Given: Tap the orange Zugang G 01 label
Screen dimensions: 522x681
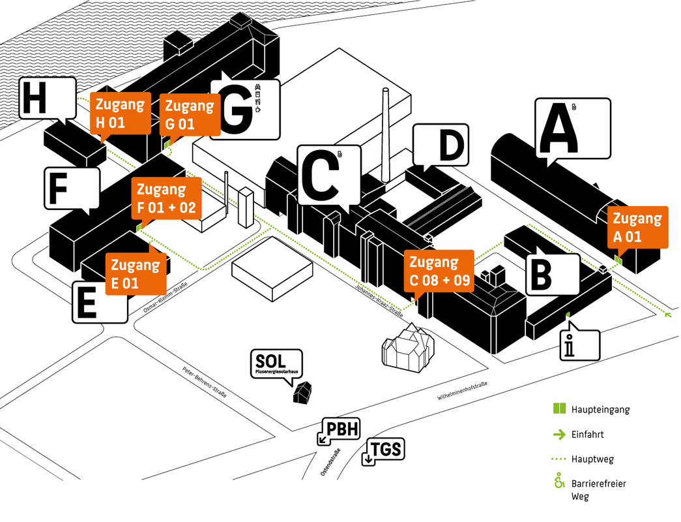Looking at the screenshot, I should [x=188, y=114].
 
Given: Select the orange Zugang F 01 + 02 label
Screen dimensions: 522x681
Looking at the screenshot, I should [x=167, y=199].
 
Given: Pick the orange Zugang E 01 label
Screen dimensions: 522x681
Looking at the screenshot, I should [x=135, y=273].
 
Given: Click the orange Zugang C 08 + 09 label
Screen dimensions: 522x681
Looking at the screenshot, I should [x=439, y=270].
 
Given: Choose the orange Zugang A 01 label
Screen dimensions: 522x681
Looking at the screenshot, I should [x=637, y=226].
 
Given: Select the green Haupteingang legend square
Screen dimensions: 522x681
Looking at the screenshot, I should [x=558, y=409].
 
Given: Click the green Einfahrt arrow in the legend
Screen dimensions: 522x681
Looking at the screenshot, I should [x=558, y=434].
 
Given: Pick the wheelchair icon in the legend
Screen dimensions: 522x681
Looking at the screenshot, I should [x=558, y=484].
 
